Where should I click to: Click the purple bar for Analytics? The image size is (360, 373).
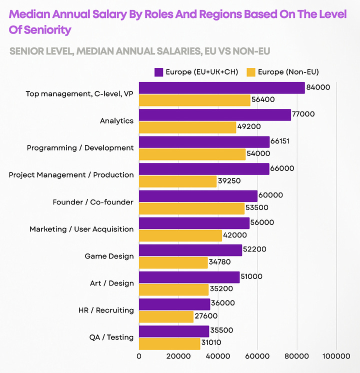(x=214, y=114)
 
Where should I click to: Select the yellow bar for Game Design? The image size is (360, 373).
(x=173, y=262)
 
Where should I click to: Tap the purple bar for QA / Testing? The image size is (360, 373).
(x=173, y=331)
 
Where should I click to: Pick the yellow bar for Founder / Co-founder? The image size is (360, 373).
(x=191, y=208)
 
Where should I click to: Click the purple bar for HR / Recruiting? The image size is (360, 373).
(x=174, y=304)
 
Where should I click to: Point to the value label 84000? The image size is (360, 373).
(x=318, y=87)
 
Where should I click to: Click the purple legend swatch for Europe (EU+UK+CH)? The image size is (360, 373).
(x=159, y=72)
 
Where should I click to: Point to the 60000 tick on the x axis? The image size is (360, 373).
(x=257, y=356)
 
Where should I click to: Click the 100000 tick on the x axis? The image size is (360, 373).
(x=336, y=356)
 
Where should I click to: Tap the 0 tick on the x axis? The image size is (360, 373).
(x=139, y=356)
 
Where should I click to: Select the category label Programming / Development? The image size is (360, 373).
(x=80, y=148)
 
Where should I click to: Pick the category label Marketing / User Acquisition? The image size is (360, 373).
(x=81, y=229)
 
